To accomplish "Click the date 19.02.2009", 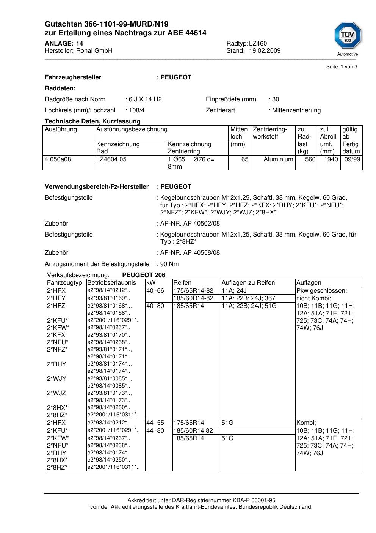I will tap(265, 50).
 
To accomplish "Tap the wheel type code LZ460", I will tap(258, 43).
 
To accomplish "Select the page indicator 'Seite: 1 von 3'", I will tap(342, 67).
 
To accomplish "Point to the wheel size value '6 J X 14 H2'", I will tap(145, 99).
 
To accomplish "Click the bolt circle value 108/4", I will tap(136, 110).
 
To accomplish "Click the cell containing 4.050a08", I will tap(58, 159).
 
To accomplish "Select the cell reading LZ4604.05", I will tap(111, 159).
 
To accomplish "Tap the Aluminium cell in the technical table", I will tap(278, 159).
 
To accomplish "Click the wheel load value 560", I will tap(310, 159).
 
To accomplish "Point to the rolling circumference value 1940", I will tap(331, 159).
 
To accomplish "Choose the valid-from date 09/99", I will tap(352, 159).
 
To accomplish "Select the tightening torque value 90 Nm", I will tap(169, 264).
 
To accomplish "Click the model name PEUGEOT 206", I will tap(144, 275).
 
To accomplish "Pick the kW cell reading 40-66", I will tap(155, 290).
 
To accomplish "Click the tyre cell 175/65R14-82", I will tap(193, 290).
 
